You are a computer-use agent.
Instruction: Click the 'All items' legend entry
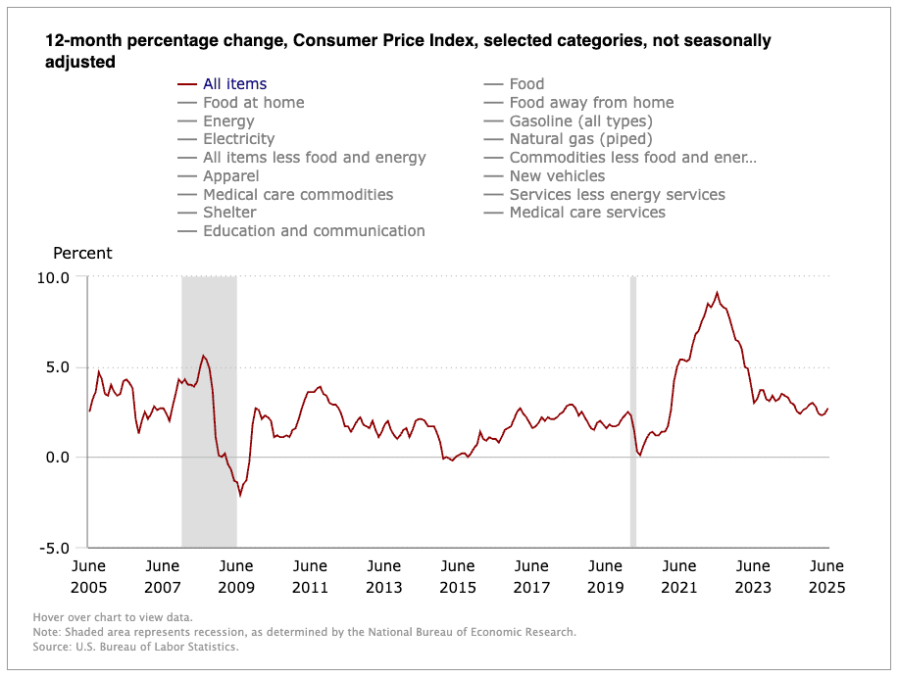(234, 84)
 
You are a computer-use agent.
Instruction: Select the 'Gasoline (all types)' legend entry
(580, 121)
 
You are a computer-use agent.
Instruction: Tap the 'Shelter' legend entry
(229, 213)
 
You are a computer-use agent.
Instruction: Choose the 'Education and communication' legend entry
(314, 231)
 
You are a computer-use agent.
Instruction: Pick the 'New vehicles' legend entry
(557, 176)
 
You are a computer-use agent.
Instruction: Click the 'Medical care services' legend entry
(587, 213)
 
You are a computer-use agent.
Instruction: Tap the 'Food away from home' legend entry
(591, 103)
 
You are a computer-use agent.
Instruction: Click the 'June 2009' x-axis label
(236, 577)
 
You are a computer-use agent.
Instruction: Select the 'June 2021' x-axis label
(679, 577)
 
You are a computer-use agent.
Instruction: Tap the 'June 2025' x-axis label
(826, 577)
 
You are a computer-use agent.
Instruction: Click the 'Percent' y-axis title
(82, 253)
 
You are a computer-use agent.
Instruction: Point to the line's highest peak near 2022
(717, 292)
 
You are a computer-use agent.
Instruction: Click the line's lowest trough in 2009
(240, 495)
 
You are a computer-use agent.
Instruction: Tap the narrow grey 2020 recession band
(633, 412)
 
